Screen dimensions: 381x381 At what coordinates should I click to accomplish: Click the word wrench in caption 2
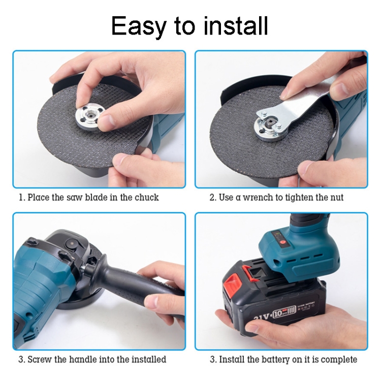pos(257,197)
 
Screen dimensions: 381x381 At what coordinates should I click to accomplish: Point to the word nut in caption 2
pos(336,197)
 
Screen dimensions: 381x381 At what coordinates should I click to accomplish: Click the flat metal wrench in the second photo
pos(300,102)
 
